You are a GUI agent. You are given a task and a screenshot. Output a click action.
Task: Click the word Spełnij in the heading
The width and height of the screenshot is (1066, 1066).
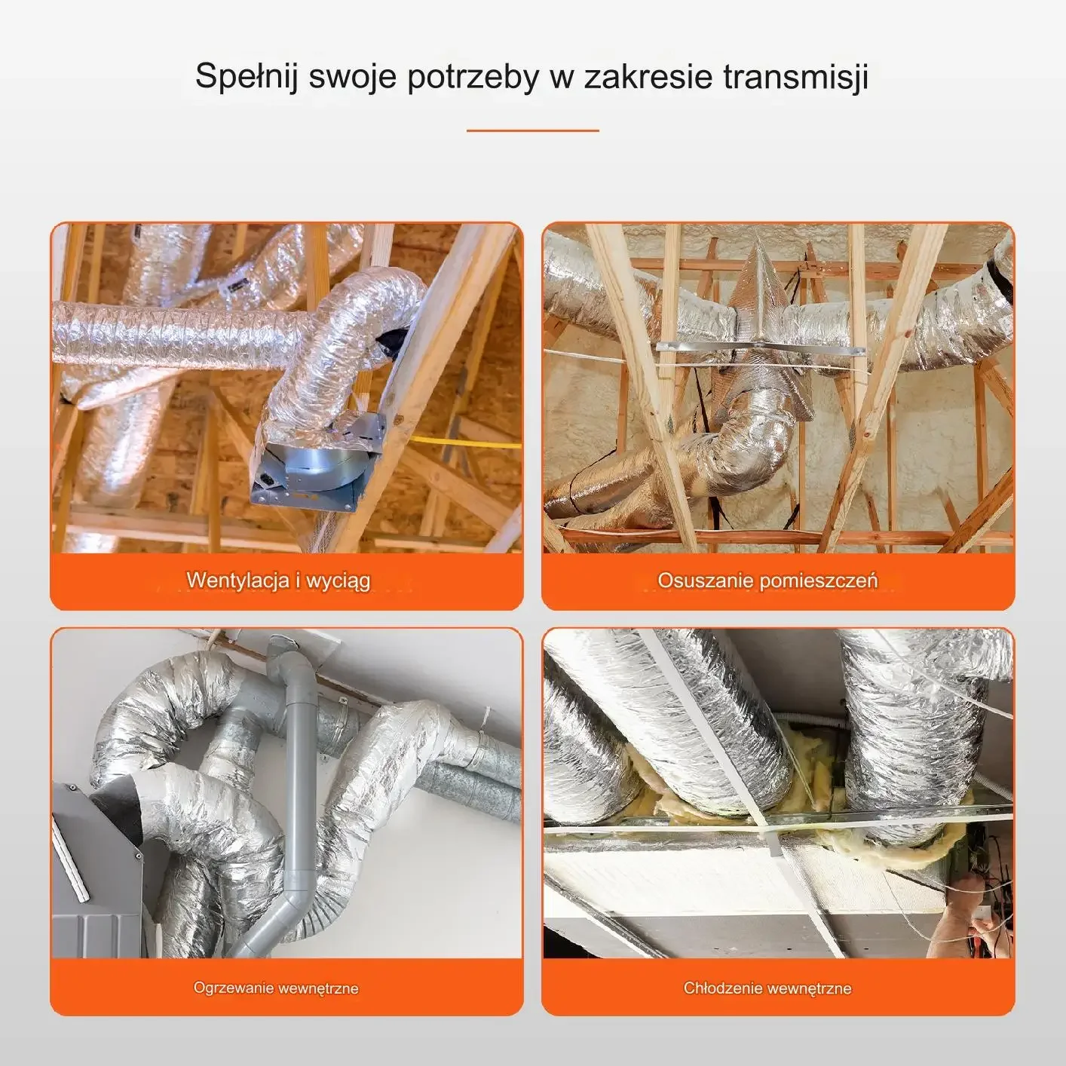coord(247,78)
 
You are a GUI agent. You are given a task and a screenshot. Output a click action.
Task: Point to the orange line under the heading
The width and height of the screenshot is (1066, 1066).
coord(533,131)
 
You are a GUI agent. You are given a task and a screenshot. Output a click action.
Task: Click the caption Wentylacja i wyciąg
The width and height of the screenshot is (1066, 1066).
coord(278,581)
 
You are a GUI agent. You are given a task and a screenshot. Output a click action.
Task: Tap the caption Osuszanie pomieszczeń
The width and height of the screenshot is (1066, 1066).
coord(767,580)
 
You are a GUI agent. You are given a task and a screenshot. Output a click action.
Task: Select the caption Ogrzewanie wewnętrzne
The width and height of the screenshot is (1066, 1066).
coord(276,988)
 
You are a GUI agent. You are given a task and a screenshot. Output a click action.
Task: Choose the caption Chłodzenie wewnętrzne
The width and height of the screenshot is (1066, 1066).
coord(767,988)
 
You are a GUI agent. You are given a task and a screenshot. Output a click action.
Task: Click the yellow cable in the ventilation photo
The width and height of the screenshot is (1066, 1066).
coord(464,442)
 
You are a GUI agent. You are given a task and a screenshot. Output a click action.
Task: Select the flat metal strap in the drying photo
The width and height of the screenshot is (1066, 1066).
coord(761,349)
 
